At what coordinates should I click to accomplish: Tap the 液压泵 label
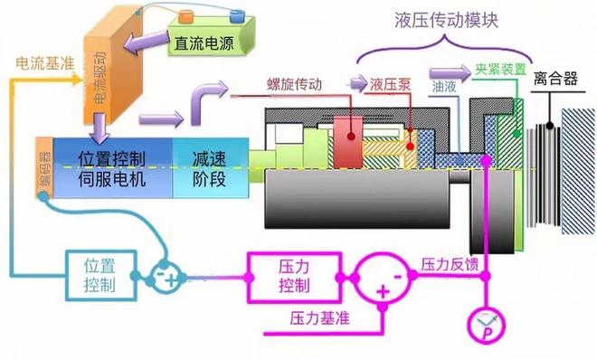pos(390,83)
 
